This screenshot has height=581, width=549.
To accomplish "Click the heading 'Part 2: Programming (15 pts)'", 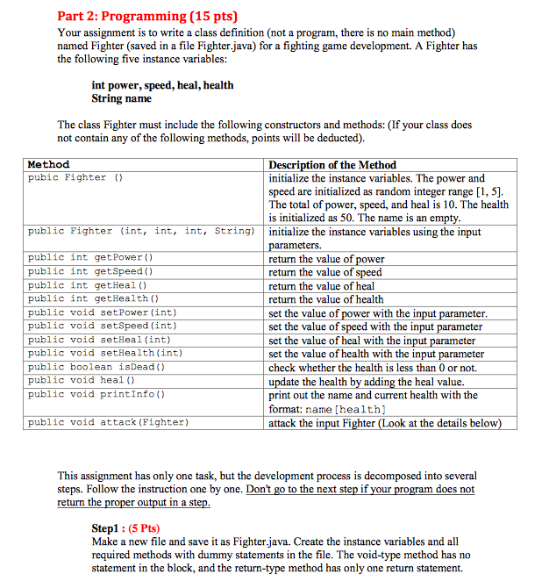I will pos(147,15).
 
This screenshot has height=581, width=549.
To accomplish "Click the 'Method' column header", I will pos(48,164).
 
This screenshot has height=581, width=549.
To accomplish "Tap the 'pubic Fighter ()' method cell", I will pos(78,177).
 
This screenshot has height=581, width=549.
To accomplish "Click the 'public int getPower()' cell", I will pos(90,258).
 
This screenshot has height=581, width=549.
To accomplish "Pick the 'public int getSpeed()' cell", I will pos(90,272).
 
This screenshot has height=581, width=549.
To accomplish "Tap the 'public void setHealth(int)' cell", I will pos(104,353).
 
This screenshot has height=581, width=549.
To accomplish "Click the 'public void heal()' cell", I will pos(84,380).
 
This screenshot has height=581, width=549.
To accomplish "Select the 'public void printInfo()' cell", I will pos(96,394).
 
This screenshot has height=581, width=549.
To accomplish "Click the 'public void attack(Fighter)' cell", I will pos(107,422).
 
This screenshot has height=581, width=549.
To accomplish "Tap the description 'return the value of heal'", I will pos(321,286).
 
